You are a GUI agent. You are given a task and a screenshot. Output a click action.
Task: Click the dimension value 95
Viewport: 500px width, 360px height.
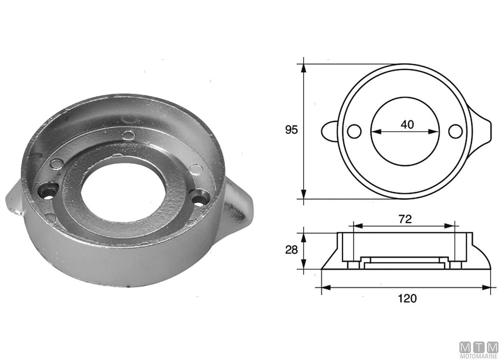click(x=291, y=130)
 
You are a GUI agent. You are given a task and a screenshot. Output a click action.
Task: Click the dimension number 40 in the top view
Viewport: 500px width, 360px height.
click(x=407, y=125)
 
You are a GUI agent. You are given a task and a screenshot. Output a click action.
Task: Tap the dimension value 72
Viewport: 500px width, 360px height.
click(x=405, y=220)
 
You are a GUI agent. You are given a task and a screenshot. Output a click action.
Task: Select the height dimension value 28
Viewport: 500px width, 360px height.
click(x=291, y=250)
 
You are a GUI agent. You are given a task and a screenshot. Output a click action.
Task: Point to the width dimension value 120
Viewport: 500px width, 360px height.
click(x=407, y=298)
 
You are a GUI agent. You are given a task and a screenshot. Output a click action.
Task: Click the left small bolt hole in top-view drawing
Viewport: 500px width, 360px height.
click(x=354, y=131)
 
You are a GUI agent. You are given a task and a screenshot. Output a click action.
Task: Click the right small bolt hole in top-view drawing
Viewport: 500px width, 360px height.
click(x=455, y=131)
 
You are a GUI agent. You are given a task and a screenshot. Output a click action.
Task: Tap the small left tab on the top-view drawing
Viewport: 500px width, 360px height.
click(x=329, y=131)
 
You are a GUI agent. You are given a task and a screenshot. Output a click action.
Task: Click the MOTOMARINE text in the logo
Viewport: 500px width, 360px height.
click(x=479, y=356)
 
